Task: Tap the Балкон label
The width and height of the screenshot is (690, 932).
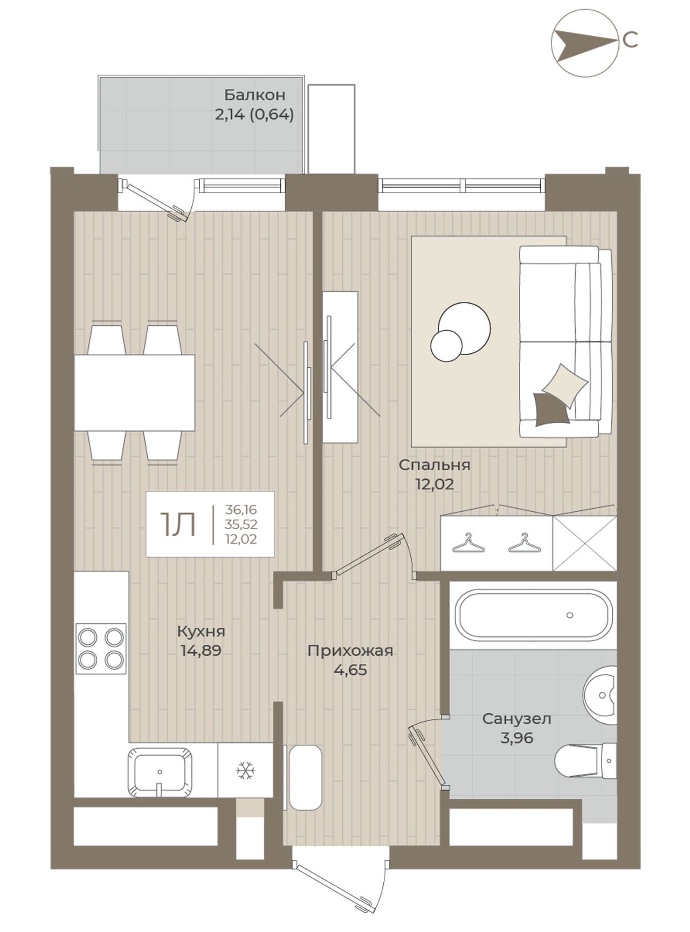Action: (x=254, y=95)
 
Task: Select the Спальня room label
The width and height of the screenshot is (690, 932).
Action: (x=434, y=465)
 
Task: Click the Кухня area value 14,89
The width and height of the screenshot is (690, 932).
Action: (x=201, y=651)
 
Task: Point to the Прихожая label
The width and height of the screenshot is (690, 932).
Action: (x=350, y=651)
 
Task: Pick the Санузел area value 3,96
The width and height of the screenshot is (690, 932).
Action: (x=516, y=738)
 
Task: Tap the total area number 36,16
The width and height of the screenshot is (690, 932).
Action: (x=241, y=509)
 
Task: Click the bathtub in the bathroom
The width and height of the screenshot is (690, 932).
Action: (x=534, y=615)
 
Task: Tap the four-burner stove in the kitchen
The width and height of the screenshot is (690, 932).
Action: (x=101, y=649)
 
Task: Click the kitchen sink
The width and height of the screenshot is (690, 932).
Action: (x=160, y=771)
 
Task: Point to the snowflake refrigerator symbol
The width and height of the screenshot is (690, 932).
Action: (x=245, y=771)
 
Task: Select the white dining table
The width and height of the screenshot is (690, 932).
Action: (x=134, y=393)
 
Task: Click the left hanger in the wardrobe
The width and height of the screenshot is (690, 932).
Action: (x=467, y=543)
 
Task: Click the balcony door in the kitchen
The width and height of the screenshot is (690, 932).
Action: (x=156, y=200)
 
